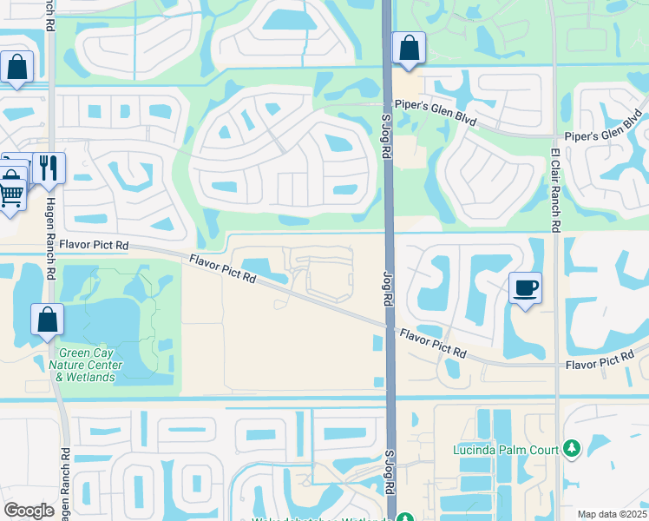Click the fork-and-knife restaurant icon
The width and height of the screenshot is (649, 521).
[x=49, y=168]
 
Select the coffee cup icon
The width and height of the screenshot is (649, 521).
[x=526, y=287]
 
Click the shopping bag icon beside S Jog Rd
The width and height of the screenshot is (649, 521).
[x=409, y=49]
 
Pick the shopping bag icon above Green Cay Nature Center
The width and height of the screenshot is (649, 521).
[x=47, y=320]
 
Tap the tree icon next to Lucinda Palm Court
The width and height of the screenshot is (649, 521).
[x=571, y=449]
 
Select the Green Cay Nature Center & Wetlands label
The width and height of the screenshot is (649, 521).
[x=87, y=365]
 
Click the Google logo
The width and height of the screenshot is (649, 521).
[x=29, y=510]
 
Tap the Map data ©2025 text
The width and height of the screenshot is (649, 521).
[x=612, y=514]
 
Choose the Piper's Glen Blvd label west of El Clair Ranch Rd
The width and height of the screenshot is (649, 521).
[x=436, y=115]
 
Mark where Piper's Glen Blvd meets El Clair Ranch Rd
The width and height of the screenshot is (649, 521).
[x=554, y=136]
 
